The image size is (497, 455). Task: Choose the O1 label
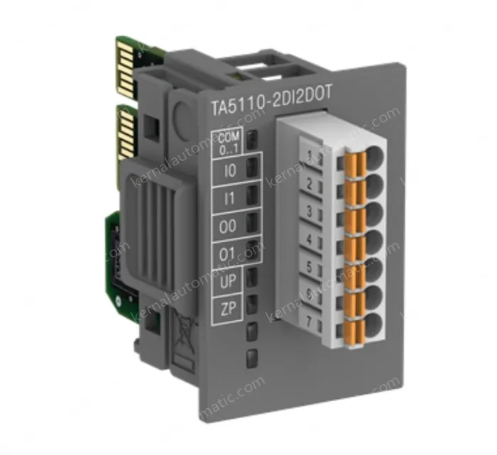[229, 254]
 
